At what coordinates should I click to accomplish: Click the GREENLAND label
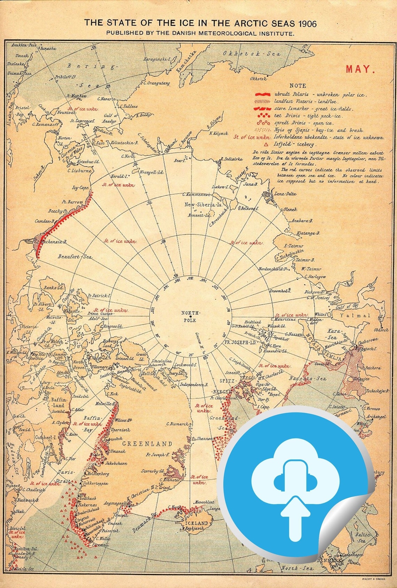(147, 444)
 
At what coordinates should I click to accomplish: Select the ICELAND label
(197, 523)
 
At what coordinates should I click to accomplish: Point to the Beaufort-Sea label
(76, 257)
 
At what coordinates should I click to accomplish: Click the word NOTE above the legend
(298, 85)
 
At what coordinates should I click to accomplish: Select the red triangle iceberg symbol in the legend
(266, 144)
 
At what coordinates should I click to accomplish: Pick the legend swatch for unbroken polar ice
(263, 94)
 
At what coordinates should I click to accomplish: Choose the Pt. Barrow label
(72, 202)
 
